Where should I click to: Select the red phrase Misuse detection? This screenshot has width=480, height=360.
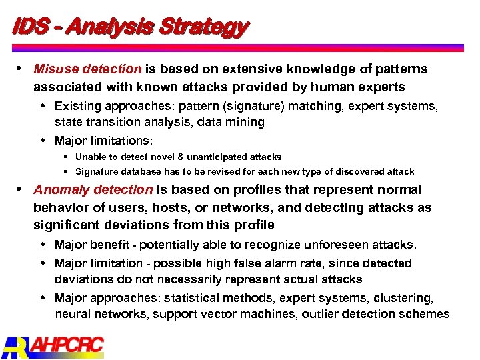(x=87, y=69)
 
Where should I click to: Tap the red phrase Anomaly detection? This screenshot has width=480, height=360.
(x=93, y=190)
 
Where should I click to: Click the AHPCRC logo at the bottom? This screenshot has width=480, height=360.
(x=53, y=347)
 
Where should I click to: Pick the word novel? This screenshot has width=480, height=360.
(x=151, y=157)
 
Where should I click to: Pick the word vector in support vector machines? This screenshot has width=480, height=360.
(x=213, y=314)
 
